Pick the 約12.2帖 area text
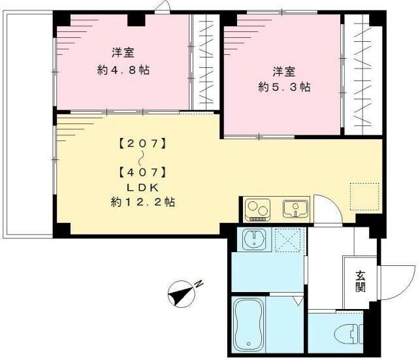(x=142, y=203)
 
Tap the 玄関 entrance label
(x=360, y=281)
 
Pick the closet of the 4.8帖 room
(x=206, y=63)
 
